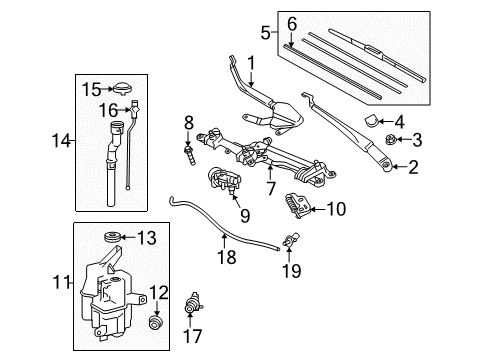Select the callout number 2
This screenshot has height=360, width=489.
[413, 168]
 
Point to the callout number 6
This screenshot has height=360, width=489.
[292, 23]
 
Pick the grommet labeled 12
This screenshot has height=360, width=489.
[156, 323]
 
